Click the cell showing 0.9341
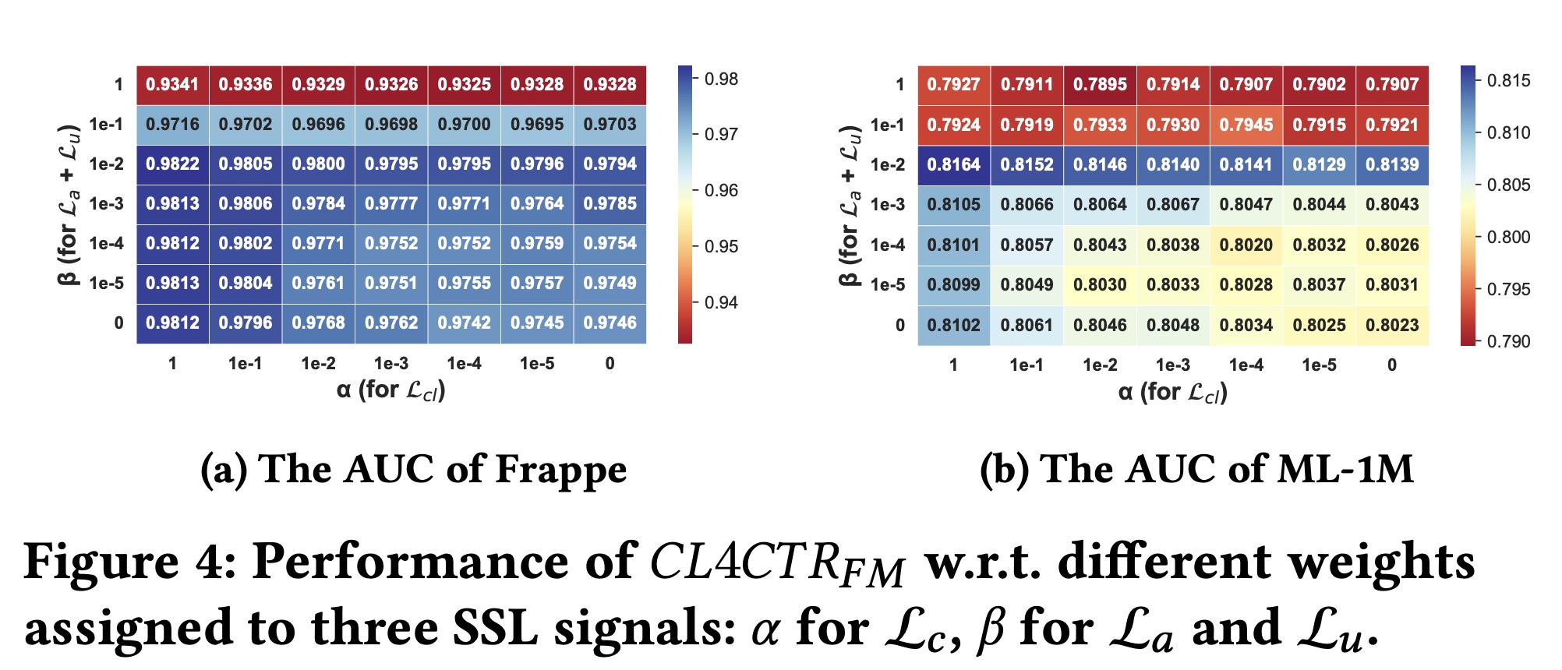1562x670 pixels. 172,84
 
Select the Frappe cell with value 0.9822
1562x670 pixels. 172,164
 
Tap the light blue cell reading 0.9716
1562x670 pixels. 172,124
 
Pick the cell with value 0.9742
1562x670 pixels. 464,323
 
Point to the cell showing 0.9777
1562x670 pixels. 391,203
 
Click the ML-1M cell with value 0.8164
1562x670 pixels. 953,164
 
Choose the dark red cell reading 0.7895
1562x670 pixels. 1100,84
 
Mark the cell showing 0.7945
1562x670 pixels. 1246,125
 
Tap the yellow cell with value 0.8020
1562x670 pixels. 1246,245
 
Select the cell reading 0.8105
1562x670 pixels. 953,204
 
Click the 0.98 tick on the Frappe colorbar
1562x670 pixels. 721,79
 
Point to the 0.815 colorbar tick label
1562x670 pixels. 1508,80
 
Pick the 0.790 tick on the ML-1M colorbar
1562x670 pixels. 1508,341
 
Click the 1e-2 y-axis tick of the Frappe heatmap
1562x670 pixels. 107,164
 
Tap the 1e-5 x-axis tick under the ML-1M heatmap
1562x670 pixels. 1319,365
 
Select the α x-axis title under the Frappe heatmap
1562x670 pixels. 390,390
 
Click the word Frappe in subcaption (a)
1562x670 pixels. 560,469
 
